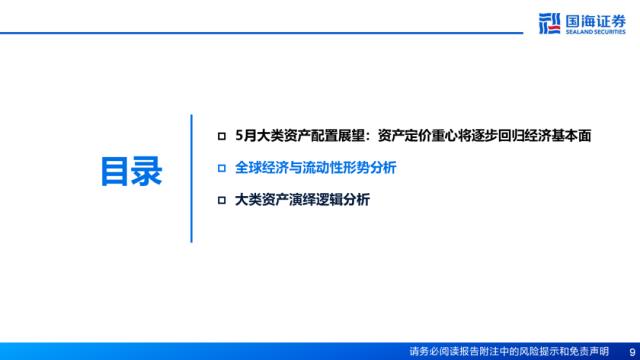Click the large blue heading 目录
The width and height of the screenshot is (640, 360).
[x=131, y=171]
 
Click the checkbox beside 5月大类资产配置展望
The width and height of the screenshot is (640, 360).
[x=222, y=136]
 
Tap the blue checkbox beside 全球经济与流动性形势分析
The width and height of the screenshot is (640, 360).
[x=222, y=168]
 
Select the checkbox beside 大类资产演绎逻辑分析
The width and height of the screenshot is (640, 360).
[x=222, y=200]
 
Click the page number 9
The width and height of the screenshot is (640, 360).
[x=632, y=352]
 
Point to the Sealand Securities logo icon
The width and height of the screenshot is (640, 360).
[x=549, y=23]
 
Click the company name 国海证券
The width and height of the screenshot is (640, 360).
[x=596, y=21]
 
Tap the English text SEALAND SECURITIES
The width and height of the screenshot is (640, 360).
[x=596, y=31]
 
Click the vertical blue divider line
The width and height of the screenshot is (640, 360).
[x=191, y=178]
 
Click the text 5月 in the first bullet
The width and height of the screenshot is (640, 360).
[x=246, y=136]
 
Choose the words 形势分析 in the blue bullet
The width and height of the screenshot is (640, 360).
[x=369, y=168]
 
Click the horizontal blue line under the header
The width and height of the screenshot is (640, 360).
[x=261, y=33]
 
